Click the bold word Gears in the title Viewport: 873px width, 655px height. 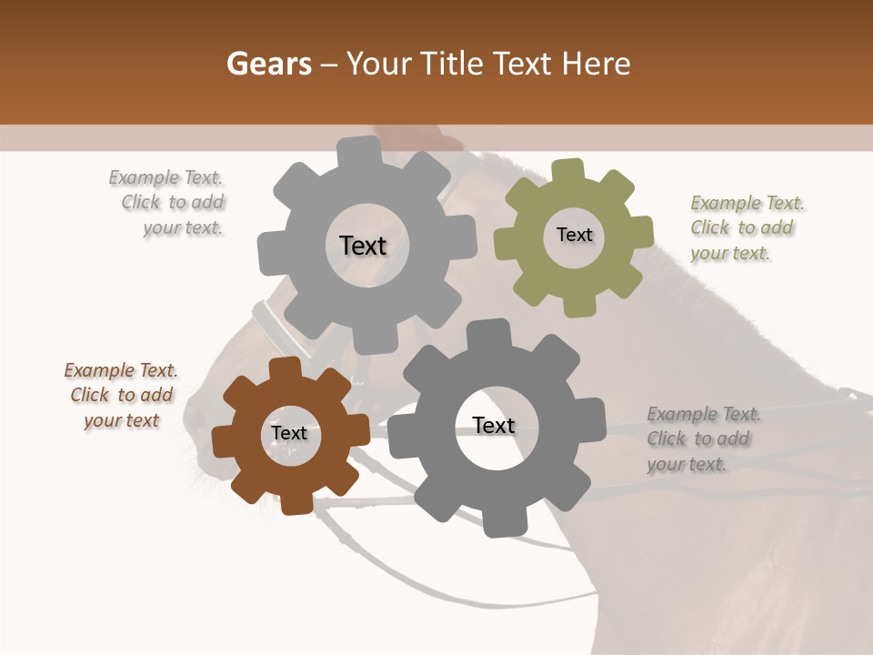268,64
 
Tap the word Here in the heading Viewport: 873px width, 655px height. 596,64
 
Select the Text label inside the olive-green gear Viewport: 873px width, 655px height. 574,235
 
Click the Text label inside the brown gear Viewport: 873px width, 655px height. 289,434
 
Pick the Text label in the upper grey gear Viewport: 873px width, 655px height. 363,246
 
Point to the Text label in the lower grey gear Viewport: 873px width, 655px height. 494,425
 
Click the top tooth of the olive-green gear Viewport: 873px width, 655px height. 568,171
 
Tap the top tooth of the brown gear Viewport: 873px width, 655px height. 285,368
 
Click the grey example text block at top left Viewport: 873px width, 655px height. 172,203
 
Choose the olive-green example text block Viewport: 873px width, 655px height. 746,228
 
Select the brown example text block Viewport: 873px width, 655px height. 122,396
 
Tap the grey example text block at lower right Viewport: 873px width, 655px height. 702,439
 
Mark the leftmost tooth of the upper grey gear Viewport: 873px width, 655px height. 270,254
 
